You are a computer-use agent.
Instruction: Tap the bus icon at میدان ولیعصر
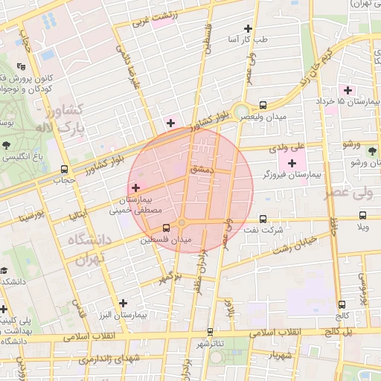pyautogui.click(x=263, y=106)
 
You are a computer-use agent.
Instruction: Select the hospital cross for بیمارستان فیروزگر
pyautogui.click(x=292, y=163)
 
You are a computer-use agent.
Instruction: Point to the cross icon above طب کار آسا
pyautogui.click(x=257, y=28)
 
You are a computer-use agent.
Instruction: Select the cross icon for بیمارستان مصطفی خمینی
pyautogui.click(x=135, y=188)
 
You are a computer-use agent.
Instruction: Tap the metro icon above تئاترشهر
pyautogui.click(x=210, y=333)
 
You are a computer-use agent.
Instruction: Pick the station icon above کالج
pyautogui.click(x=342, y=304)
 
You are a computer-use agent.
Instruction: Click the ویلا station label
pyautogui.click(x=362, y=226)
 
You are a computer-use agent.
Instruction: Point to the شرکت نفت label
pyautogui.click(x=269, y=230)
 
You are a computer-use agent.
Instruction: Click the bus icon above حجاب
pyautogui.click(x=64, y=169)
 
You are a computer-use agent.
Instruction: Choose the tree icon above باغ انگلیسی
pyautogui.click(x=7, y=145)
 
